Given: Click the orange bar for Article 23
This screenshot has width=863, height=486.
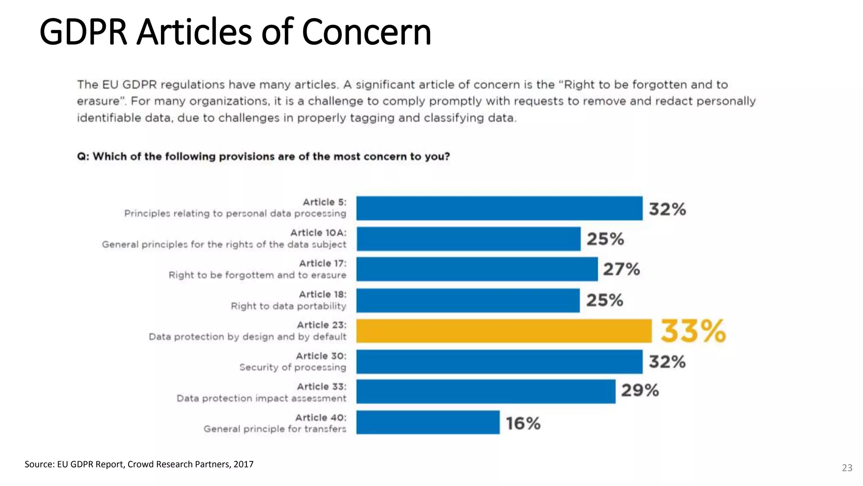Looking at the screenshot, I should click(x=504, y=331).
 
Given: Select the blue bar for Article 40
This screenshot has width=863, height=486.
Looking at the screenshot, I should click(x=428, y=422).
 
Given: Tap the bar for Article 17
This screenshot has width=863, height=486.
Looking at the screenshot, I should click(x=477, y=269).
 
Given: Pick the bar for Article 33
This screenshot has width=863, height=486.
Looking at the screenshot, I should click(x=485, y=391).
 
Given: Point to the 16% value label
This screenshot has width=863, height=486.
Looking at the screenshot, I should click(x=523, y=423).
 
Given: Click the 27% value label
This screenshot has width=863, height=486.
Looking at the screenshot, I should click(x=621, y=269).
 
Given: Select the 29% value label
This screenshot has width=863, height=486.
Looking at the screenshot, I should click(x=640, y=390).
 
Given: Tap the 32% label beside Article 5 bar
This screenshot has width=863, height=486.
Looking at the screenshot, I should click(x=667, y=209).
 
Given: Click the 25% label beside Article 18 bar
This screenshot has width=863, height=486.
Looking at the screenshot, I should click(x=604, y=300).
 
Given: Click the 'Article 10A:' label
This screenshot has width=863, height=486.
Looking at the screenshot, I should click(x=318, y=233).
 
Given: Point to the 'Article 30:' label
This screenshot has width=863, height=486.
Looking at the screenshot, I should click(x=321, y=356).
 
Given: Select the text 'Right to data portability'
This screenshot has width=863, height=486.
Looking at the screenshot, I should click(x=288, y=306).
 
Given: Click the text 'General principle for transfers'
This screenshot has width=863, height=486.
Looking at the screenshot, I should click(x=275, y=429).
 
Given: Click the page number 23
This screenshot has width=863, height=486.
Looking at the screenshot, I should click(x=847, y=468).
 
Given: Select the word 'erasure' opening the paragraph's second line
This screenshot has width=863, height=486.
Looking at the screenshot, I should click(x=97, y=102).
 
